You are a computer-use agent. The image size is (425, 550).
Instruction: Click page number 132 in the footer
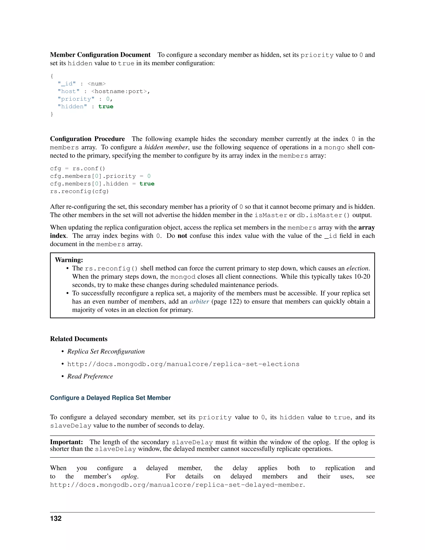[56, 518]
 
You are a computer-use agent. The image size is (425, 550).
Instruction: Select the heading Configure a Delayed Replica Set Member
[110, 398]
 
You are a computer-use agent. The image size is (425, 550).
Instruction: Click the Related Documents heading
[79, 339]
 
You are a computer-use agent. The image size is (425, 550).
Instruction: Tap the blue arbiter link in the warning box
[199, 302]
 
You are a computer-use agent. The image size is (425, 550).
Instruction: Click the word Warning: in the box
[69, 260]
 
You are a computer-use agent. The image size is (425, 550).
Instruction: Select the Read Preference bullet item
[90, 376]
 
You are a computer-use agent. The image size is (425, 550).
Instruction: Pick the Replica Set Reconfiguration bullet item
[106, 352]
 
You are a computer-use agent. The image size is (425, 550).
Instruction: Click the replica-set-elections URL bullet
[183, 364]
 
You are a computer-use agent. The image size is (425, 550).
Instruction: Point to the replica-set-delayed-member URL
[177, 485]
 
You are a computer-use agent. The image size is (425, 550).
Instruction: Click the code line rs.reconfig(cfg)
[79, 191]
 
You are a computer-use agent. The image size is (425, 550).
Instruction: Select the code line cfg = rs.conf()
[77, 169]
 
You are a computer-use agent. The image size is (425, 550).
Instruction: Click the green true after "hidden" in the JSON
[106, 106]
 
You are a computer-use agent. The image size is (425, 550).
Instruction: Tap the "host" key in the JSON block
[68, 91]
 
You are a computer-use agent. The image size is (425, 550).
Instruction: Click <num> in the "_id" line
[96, 84]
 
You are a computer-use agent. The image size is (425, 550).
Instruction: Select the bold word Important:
[66, 442]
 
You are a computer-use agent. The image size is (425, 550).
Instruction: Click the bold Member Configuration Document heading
[100, 55]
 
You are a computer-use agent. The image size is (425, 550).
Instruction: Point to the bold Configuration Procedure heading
[87, 139]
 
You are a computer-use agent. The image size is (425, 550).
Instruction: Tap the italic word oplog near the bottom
[129, 477]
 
